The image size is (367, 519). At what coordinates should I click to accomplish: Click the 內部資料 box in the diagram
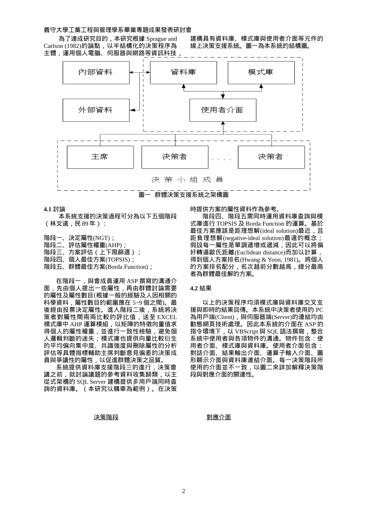pos(96,72)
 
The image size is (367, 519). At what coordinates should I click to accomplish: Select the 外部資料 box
pos(96,110)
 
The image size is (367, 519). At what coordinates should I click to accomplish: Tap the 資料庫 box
pos(183,72)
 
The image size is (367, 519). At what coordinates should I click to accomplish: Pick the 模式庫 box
pos(261,72)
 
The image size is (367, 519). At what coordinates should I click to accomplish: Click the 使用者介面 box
pos(223,110)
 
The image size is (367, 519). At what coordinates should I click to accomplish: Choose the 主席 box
pos(100,157)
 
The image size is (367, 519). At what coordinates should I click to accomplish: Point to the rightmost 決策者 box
pos(271,157)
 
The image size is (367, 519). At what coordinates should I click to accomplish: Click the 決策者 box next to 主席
pos(175,157)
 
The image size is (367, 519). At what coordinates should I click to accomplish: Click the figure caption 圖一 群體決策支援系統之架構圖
pos(183,195)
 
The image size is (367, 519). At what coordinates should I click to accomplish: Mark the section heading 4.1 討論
pos(54,209)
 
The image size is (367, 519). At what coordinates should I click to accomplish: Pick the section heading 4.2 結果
pos(201,288)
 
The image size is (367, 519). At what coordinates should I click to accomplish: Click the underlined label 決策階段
pos(106,417)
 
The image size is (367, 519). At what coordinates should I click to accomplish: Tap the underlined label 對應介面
pos(219,417)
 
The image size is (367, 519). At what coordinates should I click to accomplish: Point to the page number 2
pos(183,491)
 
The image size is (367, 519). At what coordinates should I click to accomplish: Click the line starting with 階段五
pos(99,267)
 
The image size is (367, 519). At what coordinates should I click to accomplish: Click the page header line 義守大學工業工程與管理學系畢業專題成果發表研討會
pos(117,30)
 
